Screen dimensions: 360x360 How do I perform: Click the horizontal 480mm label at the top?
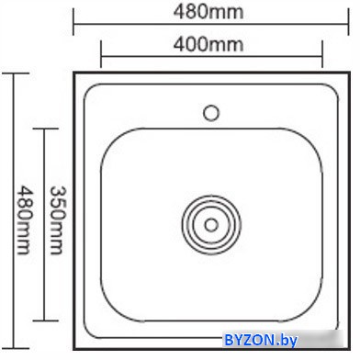[x=208, y=12]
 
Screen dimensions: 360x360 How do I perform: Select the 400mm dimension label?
[x=208, y=44]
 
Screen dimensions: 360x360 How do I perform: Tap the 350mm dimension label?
[x=57, y=220]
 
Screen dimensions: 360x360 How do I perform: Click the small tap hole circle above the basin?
[x=211, y=113]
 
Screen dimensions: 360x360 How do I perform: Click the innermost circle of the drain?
[x=211, y=225]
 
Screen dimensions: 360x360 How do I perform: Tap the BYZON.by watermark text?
[x=261, y=340]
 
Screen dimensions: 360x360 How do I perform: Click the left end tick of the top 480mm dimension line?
[x=73, y=21]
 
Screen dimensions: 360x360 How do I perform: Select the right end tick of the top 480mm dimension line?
[x=348, y=21]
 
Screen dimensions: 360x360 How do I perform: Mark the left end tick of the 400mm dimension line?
[x=101, y=54]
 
